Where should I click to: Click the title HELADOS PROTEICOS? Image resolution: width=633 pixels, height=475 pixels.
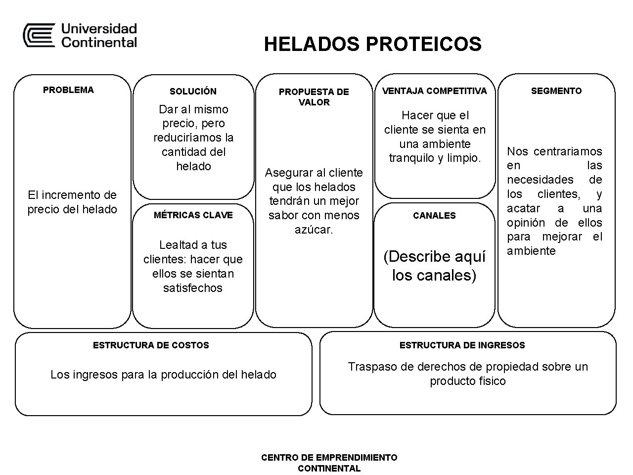(x=372, y=44)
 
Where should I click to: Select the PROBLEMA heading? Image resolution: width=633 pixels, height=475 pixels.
(x=68, y=90)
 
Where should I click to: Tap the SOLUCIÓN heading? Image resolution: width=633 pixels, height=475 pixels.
(x=193, y=91)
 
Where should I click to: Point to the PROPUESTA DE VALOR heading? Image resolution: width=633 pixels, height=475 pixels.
(x=314, y=97)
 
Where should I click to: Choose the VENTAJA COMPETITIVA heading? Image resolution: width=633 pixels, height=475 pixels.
(x=434, y=91)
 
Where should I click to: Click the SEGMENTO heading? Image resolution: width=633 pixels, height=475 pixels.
(x=556, y=91)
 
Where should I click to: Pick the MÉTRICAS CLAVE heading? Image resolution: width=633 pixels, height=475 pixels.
(x=193, y=215)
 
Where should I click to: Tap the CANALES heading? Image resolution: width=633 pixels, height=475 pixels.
(x=434, y=215)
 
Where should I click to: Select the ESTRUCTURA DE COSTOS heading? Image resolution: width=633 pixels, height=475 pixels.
(x=151, y=345)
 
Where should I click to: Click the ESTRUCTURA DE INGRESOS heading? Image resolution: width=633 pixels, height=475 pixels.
(x=462, y=345)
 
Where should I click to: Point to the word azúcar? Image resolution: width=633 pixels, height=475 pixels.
(x=314, y=230)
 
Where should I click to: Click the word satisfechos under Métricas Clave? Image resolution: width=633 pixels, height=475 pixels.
(x=193, y=288)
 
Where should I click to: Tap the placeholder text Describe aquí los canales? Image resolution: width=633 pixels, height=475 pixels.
(x=434, y=266)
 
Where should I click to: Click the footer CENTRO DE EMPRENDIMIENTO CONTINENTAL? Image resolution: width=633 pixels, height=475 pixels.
(x=329, y=463)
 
